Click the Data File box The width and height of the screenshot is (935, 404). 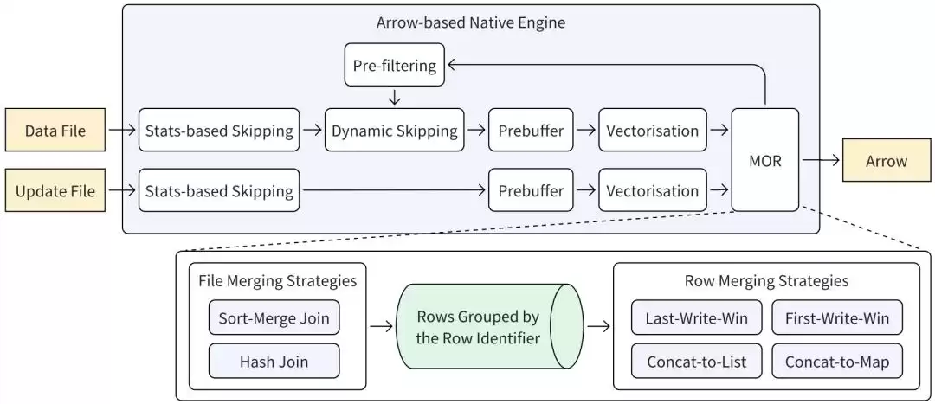(54, 131)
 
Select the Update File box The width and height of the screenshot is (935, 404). (54, 190)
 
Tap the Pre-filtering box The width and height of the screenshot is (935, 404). (395, 66)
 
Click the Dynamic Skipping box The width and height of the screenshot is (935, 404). (395, 131)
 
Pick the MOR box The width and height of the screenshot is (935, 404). (764, 160)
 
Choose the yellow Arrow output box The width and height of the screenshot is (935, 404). (886, 161)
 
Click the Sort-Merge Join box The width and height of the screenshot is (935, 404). (274, 317)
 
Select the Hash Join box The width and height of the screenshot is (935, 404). (274, 362)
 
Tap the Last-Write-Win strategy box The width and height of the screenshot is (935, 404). (696, 317)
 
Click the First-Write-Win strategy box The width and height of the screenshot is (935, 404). (836, 317)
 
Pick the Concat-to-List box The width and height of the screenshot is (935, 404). (696, 362)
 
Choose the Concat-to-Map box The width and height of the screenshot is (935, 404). (836, 362)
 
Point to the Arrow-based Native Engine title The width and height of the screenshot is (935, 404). (470, 22)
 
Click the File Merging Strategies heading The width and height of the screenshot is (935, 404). (277, 280)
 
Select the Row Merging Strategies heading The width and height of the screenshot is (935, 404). (766, 280)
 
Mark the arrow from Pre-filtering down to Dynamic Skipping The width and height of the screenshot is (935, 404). (395, 97)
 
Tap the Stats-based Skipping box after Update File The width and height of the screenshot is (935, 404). (218, 190)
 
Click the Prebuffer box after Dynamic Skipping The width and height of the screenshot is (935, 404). (531, 131)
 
